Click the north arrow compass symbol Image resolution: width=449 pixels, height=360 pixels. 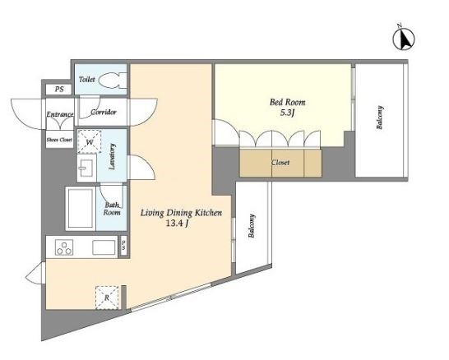click(404, 39)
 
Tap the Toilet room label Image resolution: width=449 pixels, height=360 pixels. click(87, 79)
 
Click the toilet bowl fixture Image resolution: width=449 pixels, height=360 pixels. click(113, 80)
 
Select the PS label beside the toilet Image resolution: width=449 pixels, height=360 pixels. click(59, 90)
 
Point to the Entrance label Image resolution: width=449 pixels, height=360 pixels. click(60, 114)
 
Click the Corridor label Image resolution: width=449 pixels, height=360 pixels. click(104, 112)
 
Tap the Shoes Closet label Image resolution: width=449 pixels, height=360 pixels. click(59, 140)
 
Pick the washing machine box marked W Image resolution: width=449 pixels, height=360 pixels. click(90, 141)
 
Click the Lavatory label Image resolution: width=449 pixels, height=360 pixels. click(112, 157)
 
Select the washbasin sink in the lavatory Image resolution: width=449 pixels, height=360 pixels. click(87, 167)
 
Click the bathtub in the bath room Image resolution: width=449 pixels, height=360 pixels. click(81, 208)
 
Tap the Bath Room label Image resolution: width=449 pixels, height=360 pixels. click(112, 209)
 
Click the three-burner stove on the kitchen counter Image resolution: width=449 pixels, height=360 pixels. click(64, 248)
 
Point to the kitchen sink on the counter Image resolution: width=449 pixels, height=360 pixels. click(104, 247)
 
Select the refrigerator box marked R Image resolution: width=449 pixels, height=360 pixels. click(107, 298)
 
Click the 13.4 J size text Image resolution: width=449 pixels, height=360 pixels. click(177, 224)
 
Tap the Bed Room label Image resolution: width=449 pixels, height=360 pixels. click(288, 102)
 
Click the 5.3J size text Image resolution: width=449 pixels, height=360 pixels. click(288, 113)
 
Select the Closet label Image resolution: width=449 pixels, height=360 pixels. click(280, 163)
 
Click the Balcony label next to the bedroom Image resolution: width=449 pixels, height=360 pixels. click(380, 118)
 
